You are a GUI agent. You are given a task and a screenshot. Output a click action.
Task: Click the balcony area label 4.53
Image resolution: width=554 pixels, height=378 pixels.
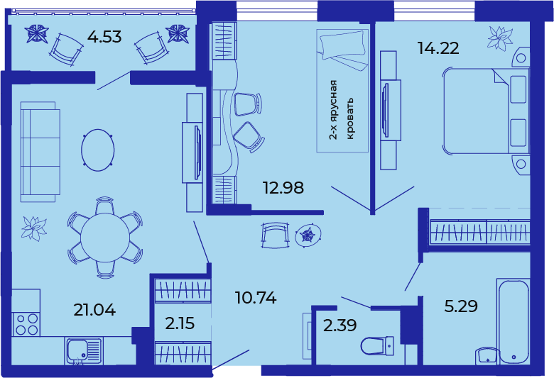pyautogui.click(x=104, y=37)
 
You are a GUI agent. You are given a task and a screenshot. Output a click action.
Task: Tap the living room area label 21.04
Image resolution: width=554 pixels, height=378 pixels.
pyautogui.click(x=94, y=310)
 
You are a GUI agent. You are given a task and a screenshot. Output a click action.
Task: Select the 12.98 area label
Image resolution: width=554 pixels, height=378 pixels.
pyautogui.click(x=283, y=188)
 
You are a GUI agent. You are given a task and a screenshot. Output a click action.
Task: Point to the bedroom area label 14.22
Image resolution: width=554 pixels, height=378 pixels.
pyautogui.click(x=438, y=48)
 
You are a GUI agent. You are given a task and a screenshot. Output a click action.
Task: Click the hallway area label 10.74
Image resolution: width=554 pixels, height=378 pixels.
pyautogui.click(x=256, y=298)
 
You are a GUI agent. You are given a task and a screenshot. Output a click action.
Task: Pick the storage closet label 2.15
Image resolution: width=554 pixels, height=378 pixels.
pyautogui.click(x=180, y=323)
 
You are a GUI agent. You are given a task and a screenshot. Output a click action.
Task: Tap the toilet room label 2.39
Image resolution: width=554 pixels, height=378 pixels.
pyautogui.click(x=340, y=325)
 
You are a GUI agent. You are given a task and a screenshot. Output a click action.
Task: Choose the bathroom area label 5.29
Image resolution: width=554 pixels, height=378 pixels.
pyautogui.click(x=461, y=306)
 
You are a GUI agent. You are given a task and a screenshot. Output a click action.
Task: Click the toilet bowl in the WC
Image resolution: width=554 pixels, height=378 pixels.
pyautogui.click(x=377, y=346)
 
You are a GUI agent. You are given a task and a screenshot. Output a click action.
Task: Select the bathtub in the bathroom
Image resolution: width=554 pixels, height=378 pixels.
pyautogui.click(x=514, y=322)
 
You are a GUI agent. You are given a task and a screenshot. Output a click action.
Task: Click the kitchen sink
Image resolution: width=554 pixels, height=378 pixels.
pyautogui.click(x=84, y=351)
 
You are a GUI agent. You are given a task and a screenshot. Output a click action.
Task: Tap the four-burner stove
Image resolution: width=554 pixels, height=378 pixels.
pyautogui.click(x=26, y=324)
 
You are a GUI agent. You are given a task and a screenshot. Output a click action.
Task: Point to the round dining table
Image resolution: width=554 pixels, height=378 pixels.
pyautogui.click(x=105, y=238)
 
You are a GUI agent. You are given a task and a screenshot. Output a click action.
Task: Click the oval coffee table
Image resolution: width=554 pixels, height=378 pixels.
pyautogui.click(x=98, y=150)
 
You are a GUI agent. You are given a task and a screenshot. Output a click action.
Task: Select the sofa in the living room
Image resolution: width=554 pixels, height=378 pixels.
pyautogui.click(x=40, y=152)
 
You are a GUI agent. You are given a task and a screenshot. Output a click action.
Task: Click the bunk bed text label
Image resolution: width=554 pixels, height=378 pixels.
pyautogui.click(x=342, y=110)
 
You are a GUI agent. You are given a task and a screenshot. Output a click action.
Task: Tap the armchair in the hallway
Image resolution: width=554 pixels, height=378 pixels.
pyautogui.click(x=275, y=235)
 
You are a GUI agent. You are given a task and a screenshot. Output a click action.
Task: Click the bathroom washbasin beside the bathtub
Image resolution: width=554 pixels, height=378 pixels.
pyautogui.click(x=487, y=356)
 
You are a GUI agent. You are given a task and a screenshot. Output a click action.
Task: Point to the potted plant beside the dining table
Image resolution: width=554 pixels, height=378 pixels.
pyautogui.click(x=34, y=228)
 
